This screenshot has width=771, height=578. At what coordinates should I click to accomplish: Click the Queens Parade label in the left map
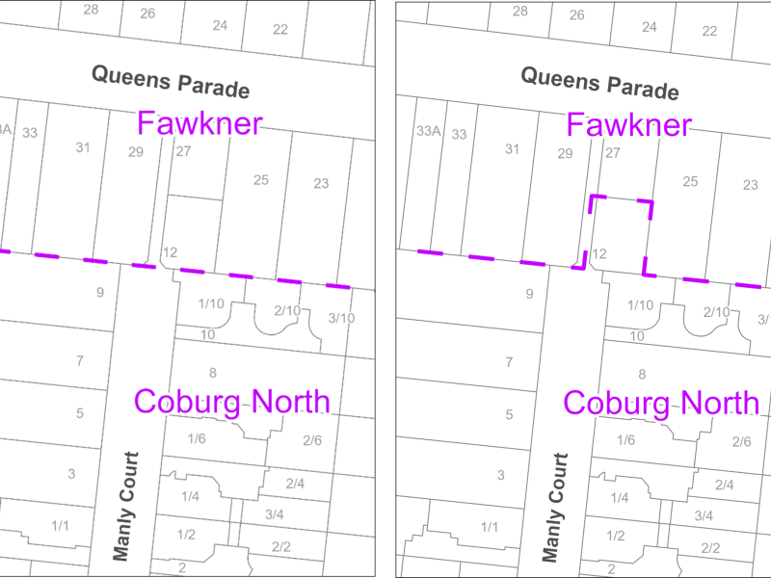point(171,81)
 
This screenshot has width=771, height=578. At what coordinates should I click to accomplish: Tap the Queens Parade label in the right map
point(599,81)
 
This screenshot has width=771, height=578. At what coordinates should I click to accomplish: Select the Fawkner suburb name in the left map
point(199,123)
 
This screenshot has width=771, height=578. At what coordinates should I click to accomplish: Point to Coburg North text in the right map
point(661,403)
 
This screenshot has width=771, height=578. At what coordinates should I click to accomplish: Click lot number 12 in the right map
point(598,253)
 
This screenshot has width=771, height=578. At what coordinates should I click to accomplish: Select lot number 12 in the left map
point(170,252)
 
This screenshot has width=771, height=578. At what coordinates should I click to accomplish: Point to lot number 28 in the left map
point(91,10)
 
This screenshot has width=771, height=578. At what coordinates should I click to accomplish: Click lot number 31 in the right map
point(512,148)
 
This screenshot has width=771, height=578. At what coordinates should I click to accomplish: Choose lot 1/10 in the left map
point(211,304)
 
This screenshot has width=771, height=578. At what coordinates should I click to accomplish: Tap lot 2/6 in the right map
point(742,441)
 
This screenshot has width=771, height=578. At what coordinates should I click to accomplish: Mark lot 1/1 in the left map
point(61,526)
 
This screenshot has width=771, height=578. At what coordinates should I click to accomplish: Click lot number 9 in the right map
point(529,294)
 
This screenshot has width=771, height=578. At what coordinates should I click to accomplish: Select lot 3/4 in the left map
point(274,514)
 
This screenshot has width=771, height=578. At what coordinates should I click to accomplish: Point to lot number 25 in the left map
point(261,180)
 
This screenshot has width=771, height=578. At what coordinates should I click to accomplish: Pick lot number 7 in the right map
point(509,362)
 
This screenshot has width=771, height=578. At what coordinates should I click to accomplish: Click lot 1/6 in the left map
point(197,439)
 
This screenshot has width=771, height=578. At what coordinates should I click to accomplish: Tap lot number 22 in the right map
point(709,30)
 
